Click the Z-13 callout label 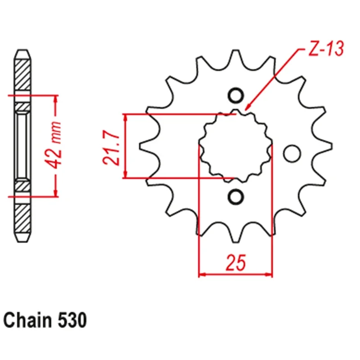326,49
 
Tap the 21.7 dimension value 111,148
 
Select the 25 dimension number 235,262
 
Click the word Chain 27,320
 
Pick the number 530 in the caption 72,321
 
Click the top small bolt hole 236,95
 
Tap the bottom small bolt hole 236,197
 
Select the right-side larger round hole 292,153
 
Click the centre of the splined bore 235,146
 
